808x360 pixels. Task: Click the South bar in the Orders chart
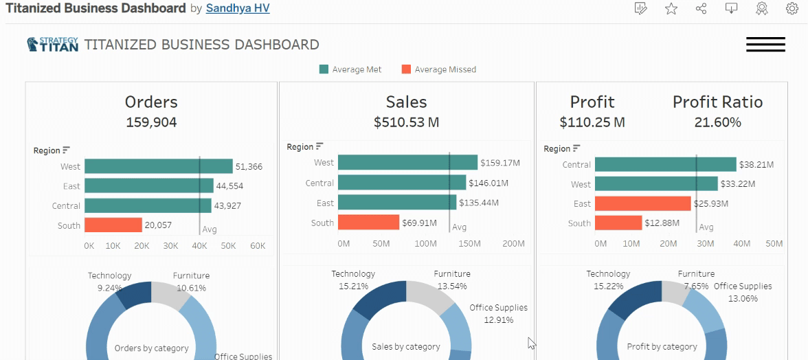tap(113, 225)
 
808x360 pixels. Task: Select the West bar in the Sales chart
tap(407, 162)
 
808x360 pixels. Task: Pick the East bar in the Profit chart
tap(642, 203)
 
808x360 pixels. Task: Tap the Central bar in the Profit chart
tap(665, 164)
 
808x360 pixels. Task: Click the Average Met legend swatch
tap(324, 69)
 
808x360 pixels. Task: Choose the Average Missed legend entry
tap(438, 69)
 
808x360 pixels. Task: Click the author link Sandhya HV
tap(238, 9)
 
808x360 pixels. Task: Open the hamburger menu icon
tap(765, 44)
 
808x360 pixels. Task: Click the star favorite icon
tap(671, 9)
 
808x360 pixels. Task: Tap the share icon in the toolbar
tap(701, 9)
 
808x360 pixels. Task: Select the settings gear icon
tap(792, 9)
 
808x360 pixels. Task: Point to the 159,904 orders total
tap(151, 122)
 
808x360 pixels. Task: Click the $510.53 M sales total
tap(407, 122)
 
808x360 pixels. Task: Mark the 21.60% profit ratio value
tap(717, 122)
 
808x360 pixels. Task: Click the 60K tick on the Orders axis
tap(258, 246)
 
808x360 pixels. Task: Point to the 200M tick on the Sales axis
tap(514, 243)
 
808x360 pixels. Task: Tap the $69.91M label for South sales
tap(420, 223)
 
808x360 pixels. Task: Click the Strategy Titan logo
tap(52, 44)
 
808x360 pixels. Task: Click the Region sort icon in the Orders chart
tap(67, 150)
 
